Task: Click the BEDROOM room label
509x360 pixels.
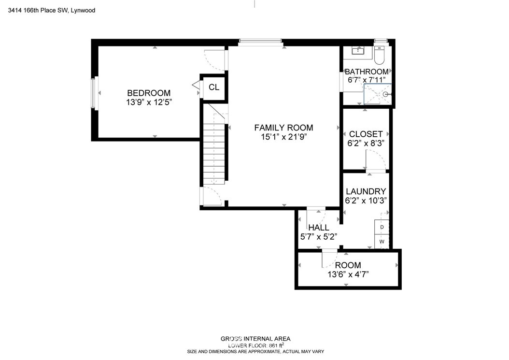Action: (149, 93)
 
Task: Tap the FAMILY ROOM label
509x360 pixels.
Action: (283, 128)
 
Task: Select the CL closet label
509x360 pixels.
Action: (214, 87)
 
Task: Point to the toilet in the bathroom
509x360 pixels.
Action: (379, 55)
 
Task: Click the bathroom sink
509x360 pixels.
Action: (359, 50)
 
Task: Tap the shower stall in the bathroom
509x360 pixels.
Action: (378, 94)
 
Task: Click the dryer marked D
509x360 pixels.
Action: (382, 227)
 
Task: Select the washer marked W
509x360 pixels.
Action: (382, 242)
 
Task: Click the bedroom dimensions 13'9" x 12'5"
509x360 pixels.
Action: (149, 102)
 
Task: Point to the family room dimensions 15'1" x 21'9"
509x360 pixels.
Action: (283, 137)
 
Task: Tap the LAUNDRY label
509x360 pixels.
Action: (366, 191)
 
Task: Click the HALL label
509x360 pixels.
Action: (319, 228)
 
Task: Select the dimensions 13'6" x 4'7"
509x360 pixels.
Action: (348, 274)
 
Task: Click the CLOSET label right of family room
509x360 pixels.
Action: (366, 134)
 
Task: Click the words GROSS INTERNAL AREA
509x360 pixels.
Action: (255, 339)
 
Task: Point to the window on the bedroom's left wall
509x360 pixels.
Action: (94, 93)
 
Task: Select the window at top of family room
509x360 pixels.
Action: (260, 42)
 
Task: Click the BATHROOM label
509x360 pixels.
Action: (367, 72)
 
